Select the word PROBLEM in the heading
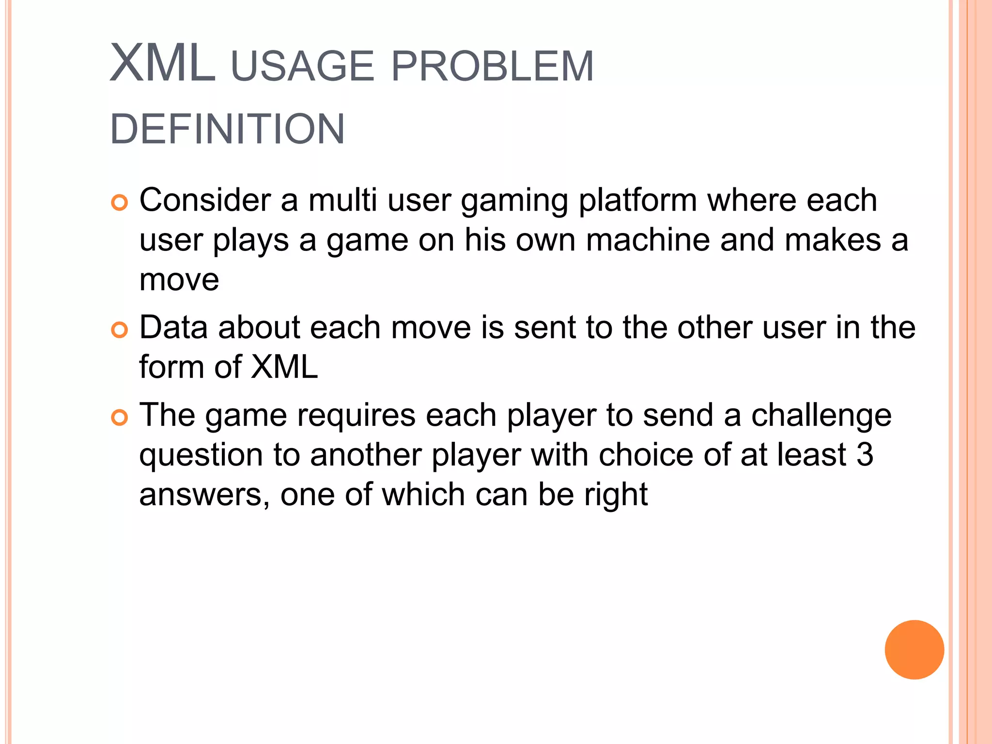coord(492,66)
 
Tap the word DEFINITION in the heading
coord(227,129)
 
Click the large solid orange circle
coord(914,650)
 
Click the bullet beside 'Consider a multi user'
coord(119,202)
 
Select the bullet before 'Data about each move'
coord(119,330)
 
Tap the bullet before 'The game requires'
coord(119,417)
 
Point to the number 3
coord(865,455)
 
